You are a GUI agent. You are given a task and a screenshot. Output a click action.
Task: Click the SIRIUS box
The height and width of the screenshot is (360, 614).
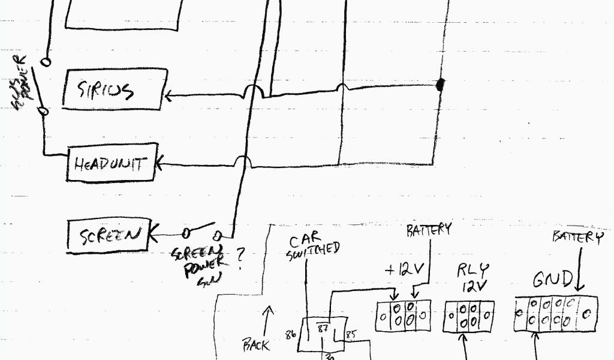coord(113,91)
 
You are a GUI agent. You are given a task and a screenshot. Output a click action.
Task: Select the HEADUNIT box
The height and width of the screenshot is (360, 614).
coord(112,162)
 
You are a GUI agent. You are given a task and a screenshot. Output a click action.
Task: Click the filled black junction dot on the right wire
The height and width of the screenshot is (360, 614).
coord(441,85)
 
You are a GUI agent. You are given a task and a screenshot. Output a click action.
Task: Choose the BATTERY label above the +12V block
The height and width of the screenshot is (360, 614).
coord(428,230)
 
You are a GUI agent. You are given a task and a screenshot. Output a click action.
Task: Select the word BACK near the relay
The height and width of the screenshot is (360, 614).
coord(256,345)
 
